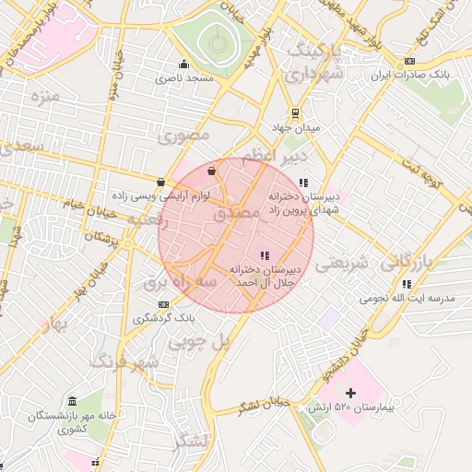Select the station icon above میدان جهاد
point(294,113)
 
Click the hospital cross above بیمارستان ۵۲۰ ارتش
point(350,394)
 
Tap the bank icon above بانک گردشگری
point(163,304)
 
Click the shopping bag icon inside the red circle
point(212,170)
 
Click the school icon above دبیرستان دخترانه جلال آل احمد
point(265,255)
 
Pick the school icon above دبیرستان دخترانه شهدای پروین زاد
point(303,182)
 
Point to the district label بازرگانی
point(406,262)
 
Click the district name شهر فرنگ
point(125,360)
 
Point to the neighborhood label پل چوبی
point(196,340)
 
